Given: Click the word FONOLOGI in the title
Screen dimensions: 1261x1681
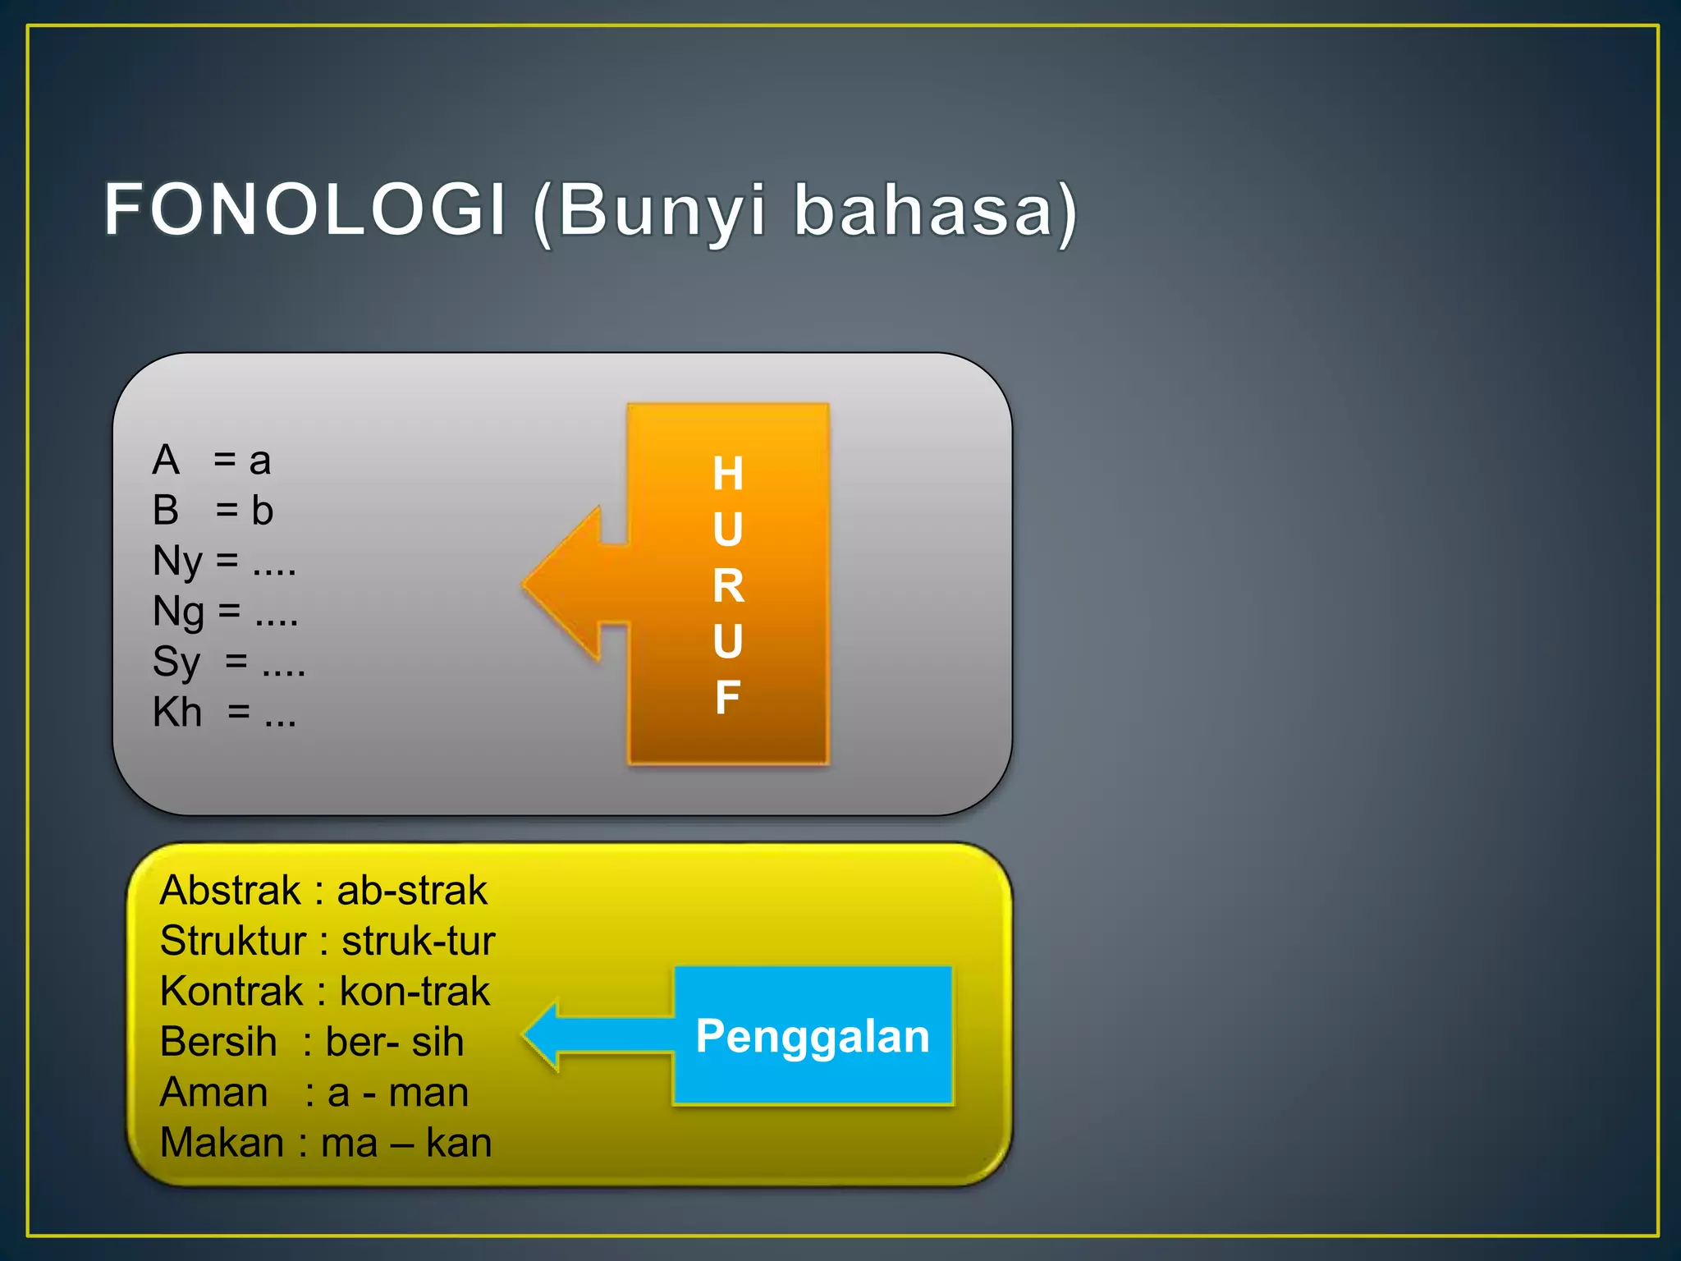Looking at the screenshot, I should (x=305, y=210).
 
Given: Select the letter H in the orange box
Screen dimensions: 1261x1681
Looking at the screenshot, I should (x=728, y=474).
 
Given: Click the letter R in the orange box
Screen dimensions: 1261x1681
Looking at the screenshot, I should (x=728, y=586).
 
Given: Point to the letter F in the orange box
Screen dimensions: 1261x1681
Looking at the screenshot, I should (x=728, y=698).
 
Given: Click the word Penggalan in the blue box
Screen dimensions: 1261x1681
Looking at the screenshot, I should (x=812, y=1036).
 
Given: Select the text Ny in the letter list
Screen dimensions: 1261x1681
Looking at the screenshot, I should (x=177, y=563).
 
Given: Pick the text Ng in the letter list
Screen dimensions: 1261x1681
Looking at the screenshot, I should (x=178, y=613).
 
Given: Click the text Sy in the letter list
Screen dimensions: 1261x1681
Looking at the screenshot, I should (x=176, y=663).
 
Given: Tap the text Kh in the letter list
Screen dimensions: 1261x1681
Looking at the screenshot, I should (x=177, y=713).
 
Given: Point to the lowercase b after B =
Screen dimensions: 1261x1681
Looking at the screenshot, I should (x=262, y=511).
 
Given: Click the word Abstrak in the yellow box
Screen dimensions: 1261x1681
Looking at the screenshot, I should (x=231, y=891).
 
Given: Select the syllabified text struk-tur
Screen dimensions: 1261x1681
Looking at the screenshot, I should (x=418, y=942).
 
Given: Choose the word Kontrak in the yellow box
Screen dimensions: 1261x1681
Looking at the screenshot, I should (x=231, y=992).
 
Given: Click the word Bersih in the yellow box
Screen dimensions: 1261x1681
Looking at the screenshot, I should (x=218, y=1043).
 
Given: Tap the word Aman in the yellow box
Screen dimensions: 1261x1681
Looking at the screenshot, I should (x=214, y=1093).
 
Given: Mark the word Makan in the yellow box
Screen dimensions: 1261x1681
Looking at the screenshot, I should (x=222, y=1143).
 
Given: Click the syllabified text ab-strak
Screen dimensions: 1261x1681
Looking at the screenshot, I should (x=412, y=891).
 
